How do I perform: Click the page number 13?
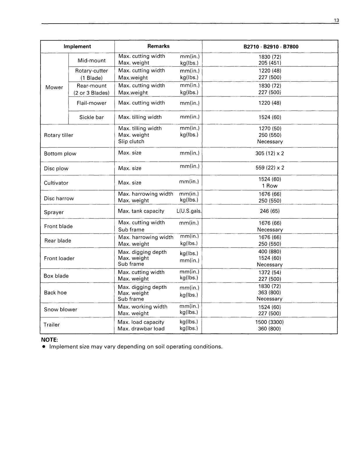tap(336, 20)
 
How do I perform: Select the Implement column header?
tap(77, 46)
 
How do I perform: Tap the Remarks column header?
tap(158, 46)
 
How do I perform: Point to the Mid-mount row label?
tap(91, 60)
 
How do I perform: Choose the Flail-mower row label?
tap(91, 103)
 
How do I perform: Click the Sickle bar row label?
tap(91, 117)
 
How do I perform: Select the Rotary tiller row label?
tap(59, 135)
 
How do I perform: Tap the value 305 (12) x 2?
tap(269, 153)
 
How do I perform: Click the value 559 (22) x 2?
tap(269, 168)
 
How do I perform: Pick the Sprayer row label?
tap(54, 212)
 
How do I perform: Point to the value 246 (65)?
tap(269, 211)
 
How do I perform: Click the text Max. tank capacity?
tap(141, 211)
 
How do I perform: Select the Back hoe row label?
tap(55, 292)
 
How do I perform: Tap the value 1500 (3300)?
tap(269, 322)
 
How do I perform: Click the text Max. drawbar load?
tap(141, 329)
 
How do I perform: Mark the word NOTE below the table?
tap(49, 340)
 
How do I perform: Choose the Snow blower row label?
tap(60, 309)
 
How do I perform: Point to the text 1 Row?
tap(269, 186)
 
